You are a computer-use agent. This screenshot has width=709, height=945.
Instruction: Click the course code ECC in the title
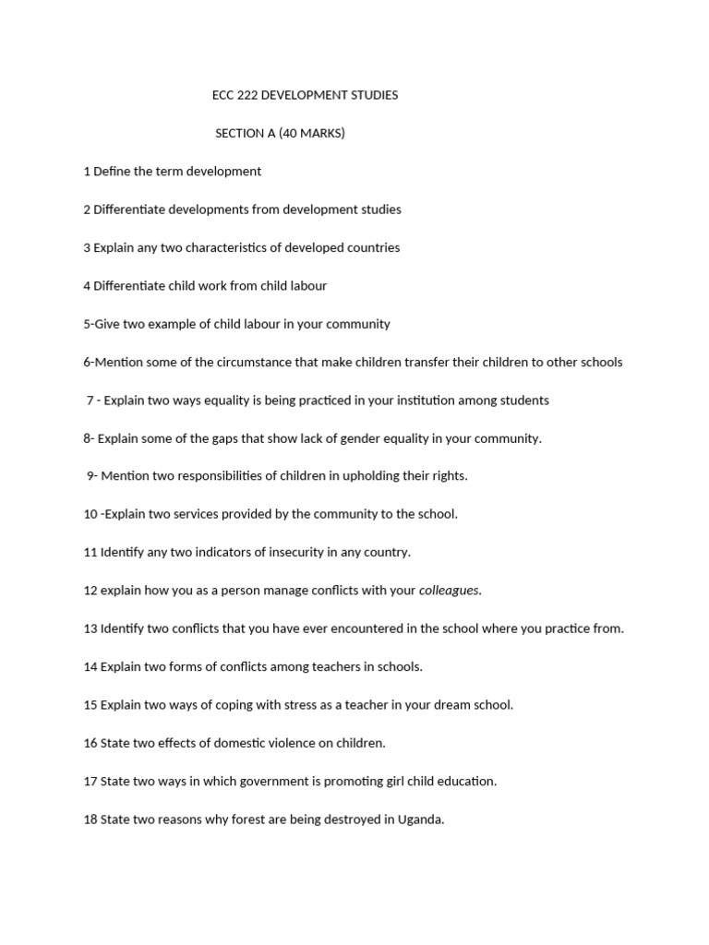coord(222,95)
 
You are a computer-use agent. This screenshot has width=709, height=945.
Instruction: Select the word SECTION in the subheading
coord(240,133)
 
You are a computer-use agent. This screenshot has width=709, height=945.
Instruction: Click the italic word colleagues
coord(450,591)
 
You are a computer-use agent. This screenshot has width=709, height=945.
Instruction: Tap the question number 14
coord(90,666)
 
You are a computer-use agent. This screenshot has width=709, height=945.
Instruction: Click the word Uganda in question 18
coord(420,819)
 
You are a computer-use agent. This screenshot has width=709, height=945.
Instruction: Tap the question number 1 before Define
coord(87,172)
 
